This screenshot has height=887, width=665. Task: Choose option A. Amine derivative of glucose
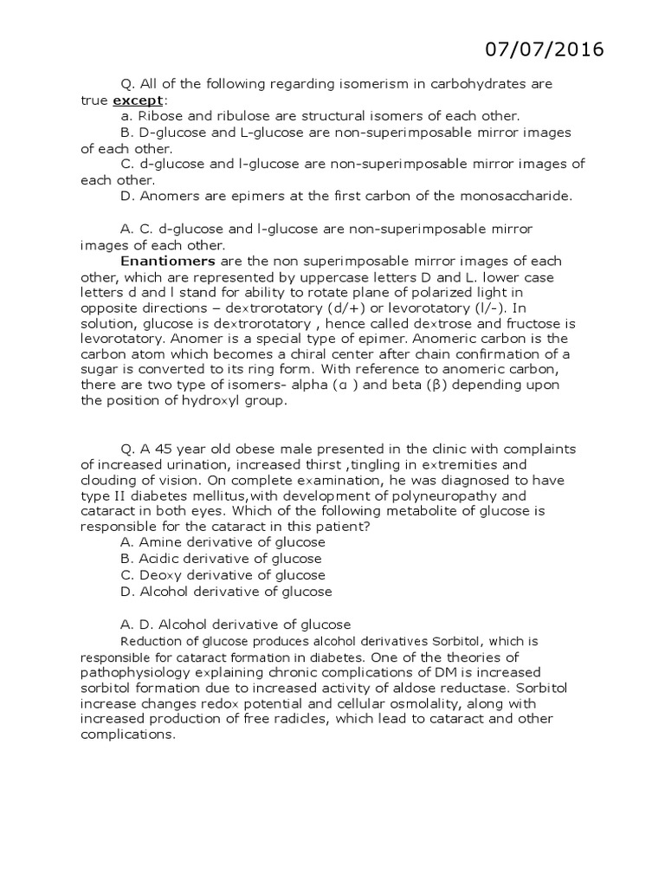click(x=223, y=542)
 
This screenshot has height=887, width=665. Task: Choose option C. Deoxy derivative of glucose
click(x=223, y=574)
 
